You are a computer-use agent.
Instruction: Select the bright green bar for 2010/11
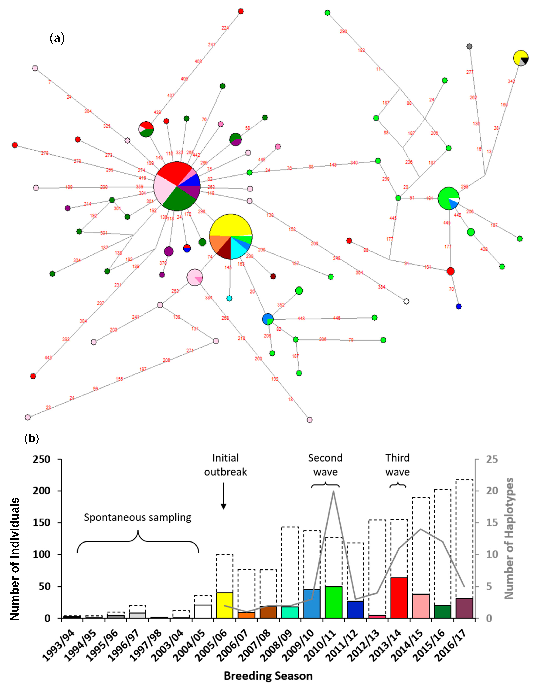click(x=333, y=602)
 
